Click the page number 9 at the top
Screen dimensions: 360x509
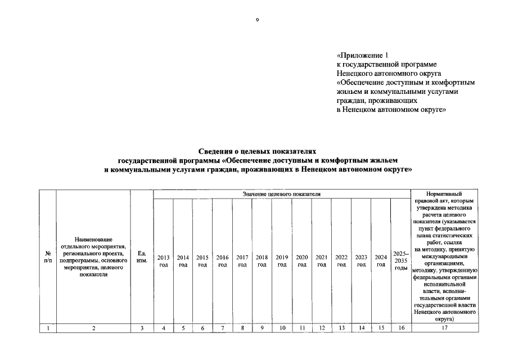tap(257, 20)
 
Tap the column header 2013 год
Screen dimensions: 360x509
tap(163, 261)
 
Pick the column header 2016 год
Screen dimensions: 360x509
tap(222, 261)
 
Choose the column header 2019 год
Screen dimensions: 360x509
tap(282, 261)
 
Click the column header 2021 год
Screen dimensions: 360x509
tap(322, 261)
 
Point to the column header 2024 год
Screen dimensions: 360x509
tap(381, 261)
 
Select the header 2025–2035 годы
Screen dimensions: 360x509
tap(401, 261)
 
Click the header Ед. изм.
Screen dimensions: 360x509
tap(142, 257)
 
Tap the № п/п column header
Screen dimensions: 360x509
tap(48, 257)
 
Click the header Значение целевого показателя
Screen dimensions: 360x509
tap(282, 194)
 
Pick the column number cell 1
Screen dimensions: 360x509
tap(48, 327)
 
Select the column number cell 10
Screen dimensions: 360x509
tap(282, 327)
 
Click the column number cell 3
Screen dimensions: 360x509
tap(142, 327)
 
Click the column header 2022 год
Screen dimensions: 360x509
tap(341, 261)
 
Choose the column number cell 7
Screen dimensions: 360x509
tap(222, 327)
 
